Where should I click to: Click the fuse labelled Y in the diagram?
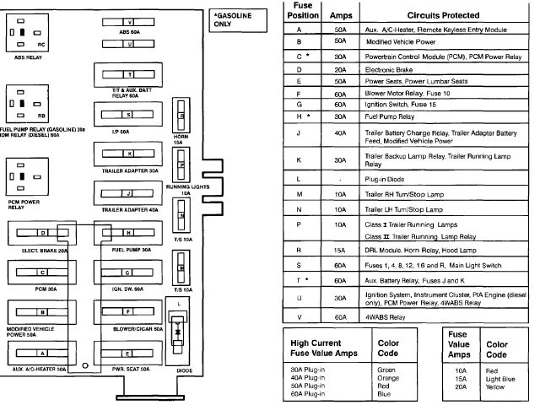pos(129,21)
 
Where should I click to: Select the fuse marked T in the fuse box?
pos(129,74)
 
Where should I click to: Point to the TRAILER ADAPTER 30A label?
pos(129,170)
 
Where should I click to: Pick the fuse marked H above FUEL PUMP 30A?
pos(129,232)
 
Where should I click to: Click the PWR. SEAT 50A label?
pos(129,369)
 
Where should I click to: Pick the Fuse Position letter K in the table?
pos(299,159)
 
